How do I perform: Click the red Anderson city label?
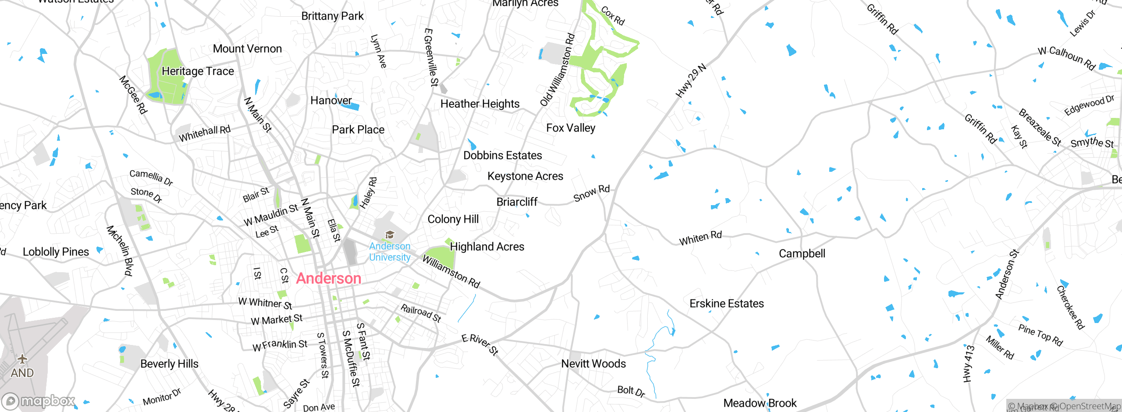click(328, 278)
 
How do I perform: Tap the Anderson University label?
click(390, 252)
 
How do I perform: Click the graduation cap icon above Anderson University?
click(390, 235)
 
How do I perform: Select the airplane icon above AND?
click(22, 359)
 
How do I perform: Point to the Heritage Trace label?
click(198, 71)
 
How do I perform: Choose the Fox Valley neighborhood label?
click(571, 128)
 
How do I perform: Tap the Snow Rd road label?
click(591, 193)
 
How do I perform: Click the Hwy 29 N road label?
click(691, 81)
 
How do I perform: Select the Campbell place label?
click(802, 253)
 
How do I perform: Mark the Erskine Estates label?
click(726, 303)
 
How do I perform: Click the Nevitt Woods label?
click(593, 363)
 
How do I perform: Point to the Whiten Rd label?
click(700, 238)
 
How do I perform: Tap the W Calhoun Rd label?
click(1066, 58)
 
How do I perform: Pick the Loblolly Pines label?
click(56, 252)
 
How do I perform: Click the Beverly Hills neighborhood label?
click(169, 364)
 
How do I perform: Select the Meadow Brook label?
click(760, 403)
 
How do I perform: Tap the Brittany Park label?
click(332, 16)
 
